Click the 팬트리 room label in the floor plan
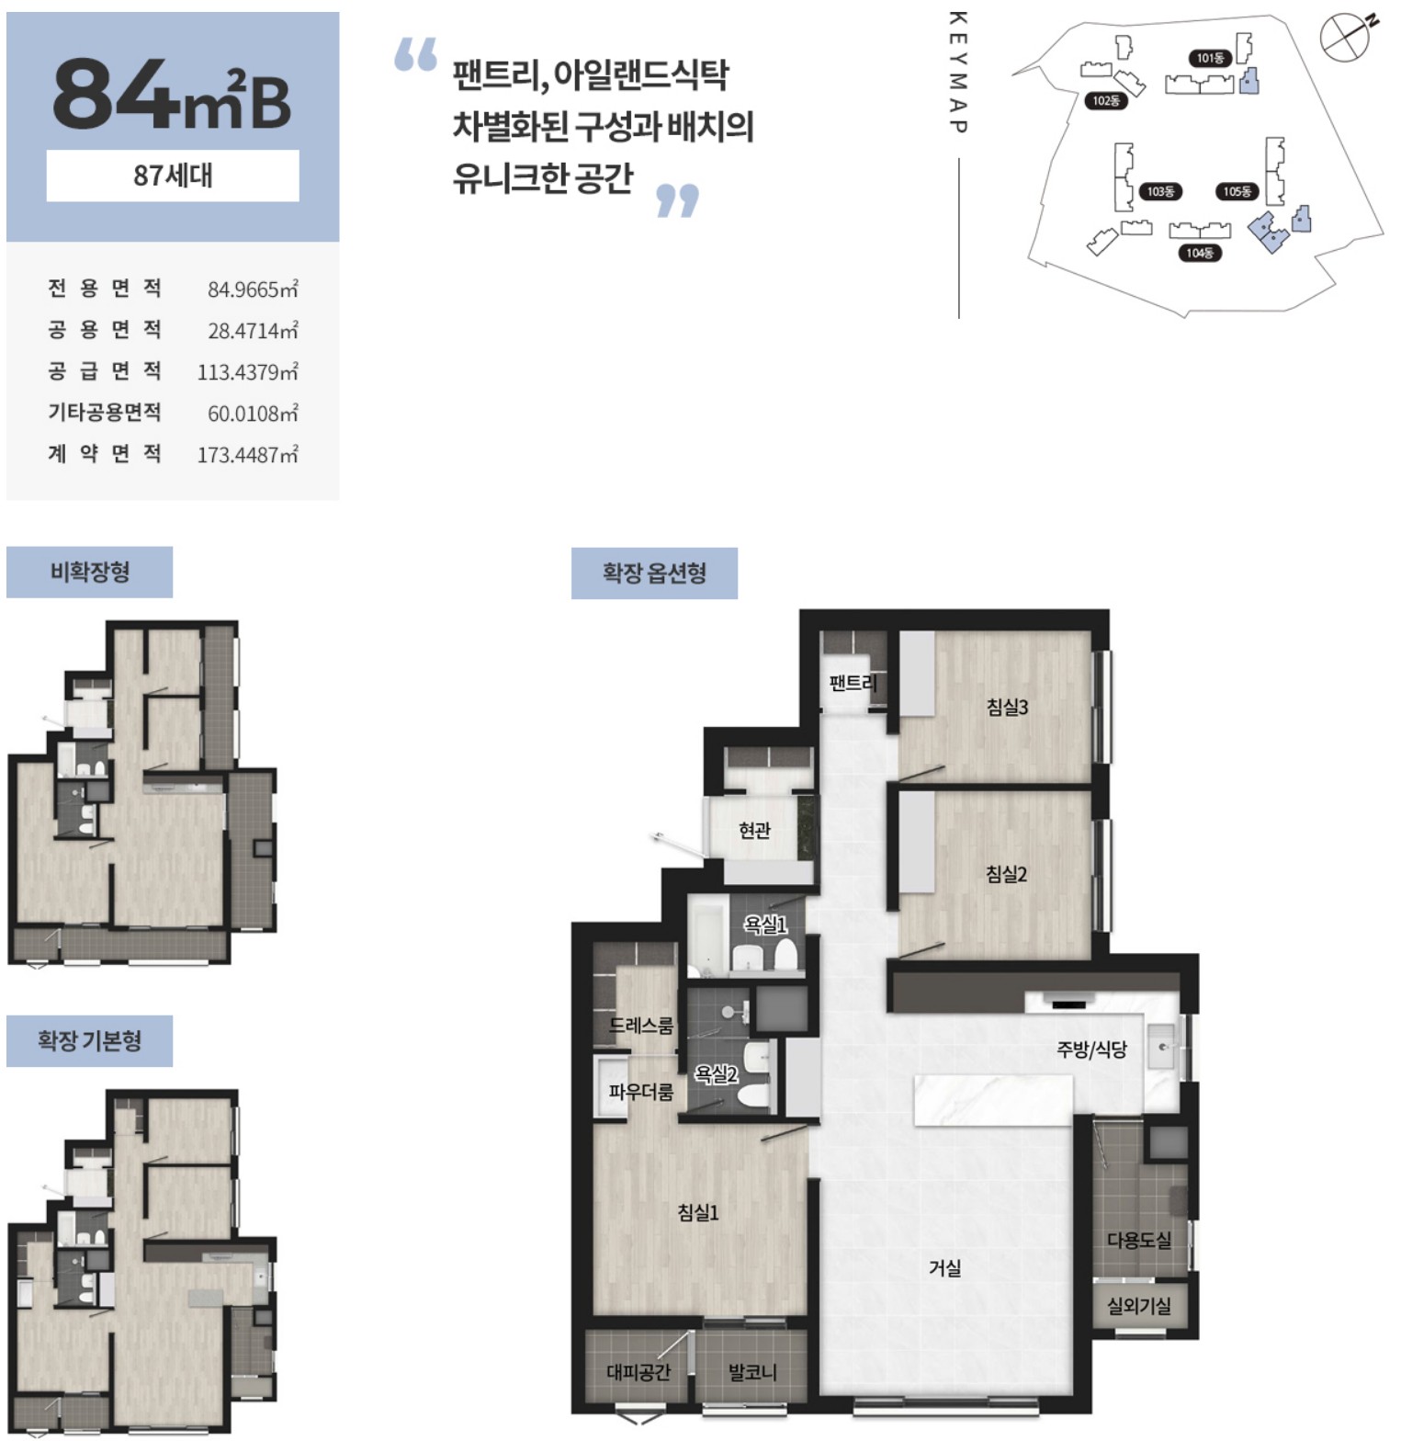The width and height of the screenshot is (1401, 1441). click(853, 683)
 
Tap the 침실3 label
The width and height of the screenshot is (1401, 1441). click(1007, 707)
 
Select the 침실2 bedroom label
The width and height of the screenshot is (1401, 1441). click(1006, 874)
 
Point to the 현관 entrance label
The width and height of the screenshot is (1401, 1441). click(754, 831)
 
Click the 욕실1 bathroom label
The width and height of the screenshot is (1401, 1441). click(765, 925)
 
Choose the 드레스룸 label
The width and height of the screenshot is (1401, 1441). click(641, 1025)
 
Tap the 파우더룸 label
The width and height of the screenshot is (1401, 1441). click(641, 1092)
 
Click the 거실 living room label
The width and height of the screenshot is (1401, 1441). click(944, 1268)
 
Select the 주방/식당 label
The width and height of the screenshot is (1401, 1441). click(1091, 1050)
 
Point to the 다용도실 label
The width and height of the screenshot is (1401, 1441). click(1139, 1240)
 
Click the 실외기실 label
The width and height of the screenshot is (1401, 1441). click(1139, 1305)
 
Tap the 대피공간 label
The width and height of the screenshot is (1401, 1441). click(638, 1372)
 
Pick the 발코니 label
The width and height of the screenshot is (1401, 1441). click(752, 1372)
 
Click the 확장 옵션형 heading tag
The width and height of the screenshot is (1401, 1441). click(654, 573)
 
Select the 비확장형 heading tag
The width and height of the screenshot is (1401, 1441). click(89, 572)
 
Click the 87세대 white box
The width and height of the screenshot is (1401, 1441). click(173, 176)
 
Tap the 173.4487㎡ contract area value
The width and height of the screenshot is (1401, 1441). click(247, 454)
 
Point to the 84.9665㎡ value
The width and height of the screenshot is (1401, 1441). click(253, 289)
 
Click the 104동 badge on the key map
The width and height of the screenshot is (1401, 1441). click(1200, 253)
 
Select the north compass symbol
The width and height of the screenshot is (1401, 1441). click(1347, 37)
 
